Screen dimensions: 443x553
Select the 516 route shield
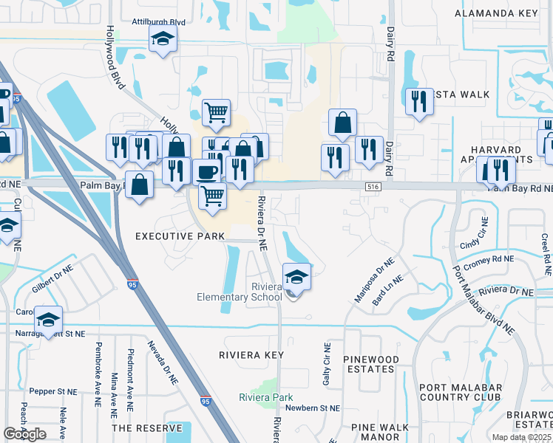click(x=373, y=189)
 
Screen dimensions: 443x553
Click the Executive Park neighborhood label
click(x=180, y=236)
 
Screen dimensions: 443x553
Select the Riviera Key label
click(x=251, y=355)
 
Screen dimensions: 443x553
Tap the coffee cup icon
click(x=206, y=173)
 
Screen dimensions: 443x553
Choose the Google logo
click(x=25, y=434)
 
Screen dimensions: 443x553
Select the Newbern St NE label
click(x=314, y=408)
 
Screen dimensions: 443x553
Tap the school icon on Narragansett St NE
click(x=48, y=320)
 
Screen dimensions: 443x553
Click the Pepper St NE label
click(x=52, y=391)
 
